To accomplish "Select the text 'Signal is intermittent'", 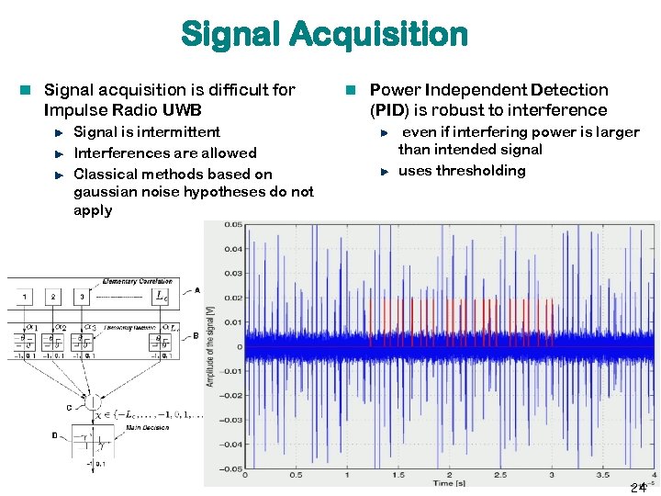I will point(147,132).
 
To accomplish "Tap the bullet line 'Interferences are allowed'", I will point(164,152).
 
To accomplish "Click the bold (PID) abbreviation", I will point(391,110).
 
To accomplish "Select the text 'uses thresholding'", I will point(462,171).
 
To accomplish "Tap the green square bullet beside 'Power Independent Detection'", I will point(350,90).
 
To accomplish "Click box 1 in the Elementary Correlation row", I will point(25,297).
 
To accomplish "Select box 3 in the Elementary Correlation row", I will point(82,297).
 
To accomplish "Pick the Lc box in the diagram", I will point(162,297).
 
